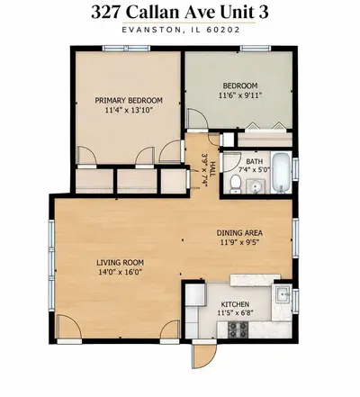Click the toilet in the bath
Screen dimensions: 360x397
235,185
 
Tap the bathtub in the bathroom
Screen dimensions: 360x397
281,173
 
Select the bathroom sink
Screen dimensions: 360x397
256,186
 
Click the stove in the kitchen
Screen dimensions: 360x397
238,329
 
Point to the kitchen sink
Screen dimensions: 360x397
283,293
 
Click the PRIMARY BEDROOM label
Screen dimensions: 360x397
129,100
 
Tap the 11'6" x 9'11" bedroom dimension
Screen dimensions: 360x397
240,95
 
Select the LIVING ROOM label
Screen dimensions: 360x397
120,263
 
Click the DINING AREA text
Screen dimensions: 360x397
239,232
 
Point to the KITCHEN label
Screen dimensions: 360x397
235,304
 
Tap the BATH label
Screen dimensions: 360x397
254,162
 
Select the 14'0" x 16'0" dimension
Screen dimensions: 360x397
120,272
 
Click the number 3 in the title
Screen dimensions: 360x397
263,13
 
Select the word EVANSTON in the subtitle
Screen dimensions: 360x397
151,30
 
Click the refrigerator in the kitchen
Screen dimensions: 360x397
195,294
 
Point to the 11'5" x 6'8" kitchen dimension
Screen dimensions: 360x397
236,312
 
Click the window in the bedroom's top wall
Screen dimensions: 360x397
256,49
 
